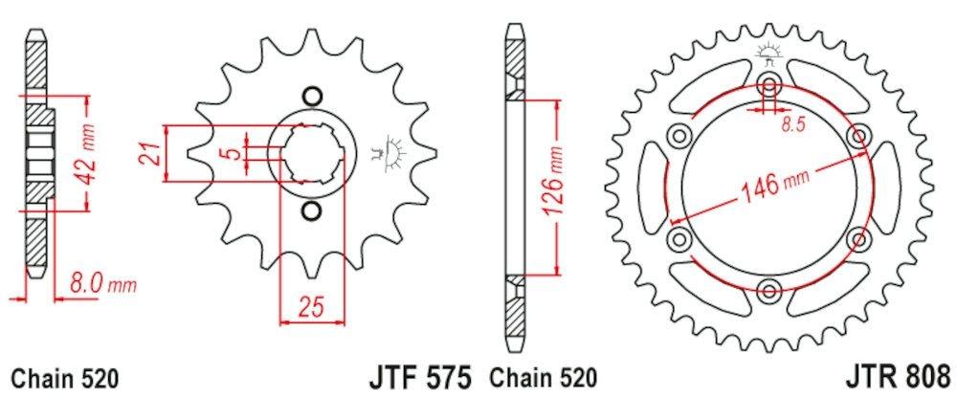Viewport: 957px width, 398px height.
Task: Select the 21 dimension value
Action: click(149, 152)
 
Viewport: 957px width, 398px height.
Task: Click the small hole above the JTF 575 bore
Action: click(309, 96)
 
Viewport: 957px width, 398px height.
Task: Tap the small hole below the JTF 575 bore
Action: click(309, 210)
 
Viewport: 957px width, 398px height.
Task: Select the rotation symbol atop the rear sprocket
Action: click(768, 52)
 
